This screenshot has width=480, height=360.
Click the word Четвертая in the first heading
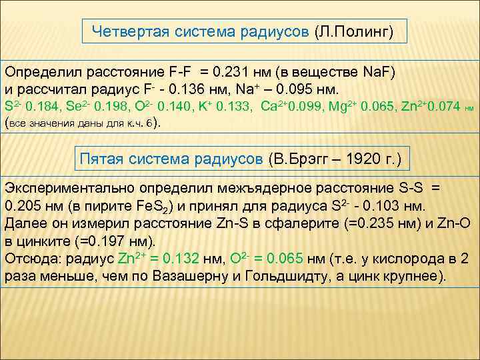tap(123, 31)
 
